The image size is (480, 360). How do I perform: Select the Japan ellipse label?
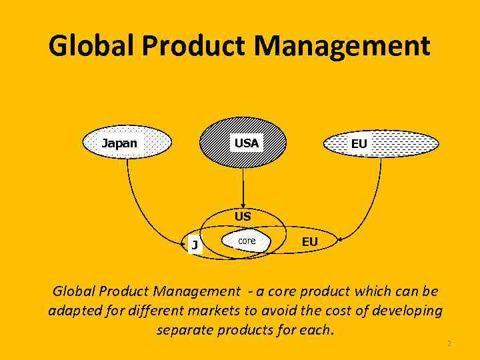[x=119, y=143]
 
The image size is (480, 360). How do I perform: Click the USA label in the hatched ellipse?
[x=246, y=143]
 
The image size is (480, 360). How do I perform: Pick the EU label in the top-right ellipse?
[x=359, y=144]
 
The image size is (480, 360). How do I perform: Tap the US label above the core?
[x=243, y=217]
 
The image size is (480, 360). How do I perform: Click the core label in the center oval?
[x=247, y=240]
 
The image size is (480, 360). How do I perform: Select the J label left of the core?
[x=194, y=245]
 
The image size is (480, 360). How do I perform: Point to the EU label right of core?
[x=309, y=242]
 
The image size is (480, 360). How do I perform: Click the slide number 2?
[x=449, y=344]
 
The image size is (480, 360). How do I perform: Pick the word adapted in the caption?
[x=73, y=311]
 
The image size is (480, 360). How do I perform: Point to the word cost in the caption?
[x=329, y=311]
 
